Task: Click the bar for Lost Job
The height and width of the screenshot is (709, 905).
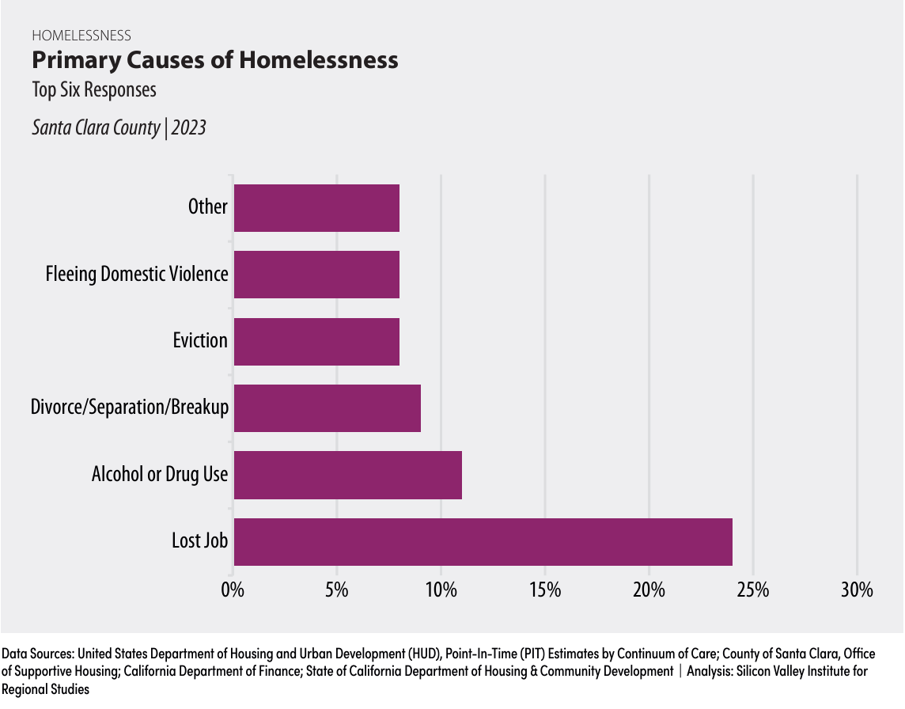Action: (483, 541)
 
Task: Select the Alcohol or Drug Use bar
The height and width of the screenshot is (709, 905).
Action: (347, 475)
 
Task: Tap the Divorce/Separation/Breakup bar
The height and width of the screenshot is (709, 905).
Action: (327, 408)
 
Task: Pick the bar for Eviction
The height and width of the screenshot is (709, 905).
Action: (316, 341)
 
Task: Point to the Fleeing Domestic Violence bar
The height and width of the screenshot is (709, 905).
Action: (316, 275)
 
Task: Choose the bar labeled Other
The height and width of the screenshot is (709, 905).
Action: (316, 207)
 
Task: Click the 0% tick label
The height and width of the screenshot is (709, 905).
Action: (233, 590)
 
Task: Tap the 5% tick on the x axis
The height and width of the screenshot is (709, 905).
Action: (337, 590)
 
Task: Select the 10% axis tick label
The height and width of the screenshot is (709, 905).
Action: (441, 590)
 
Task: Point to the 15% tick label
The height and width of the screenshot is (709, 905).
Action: (545, 590)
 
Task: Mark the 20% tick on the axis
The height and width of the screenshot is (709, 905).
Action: (649, 590)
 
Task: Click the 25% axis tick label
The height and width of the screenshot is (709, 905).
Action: (753, 590)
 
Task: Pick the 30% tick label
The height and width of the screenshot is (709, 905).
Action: (857, 590)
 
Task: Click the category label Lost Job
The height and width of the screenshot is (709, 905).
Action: (199, 541)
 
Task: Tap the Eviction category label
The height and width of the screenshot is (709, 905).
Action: (200, 341)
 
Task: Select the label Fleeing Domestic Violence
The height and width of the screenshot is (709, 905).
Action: (137, 275)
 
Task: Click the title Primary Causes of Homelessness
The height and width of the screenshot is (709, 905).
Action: (214, 60)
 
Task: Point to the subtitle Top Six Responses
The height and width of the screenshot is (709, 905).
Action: (94, 89)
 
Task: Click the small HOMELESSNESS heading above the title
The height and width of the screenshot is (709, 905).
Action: (81, 35)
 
